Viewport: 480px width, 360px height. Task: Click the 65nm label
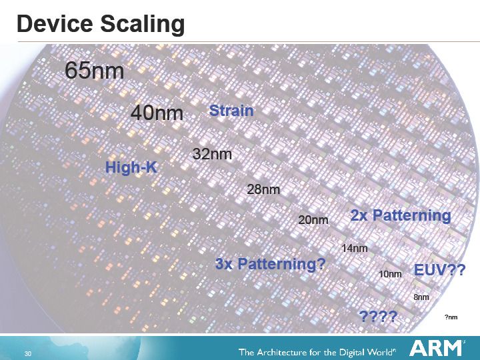click(94, 71)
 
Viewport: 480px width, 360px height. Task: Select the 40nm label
click(157, 113)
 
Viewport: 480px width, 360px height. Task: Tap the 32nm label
click(212, 154)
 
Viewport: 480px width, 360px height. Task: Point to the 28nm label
click(263, 189)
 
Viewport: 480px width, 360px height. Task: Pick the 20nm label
click(313, 220)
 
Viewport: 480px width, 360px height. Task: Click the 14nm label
click(355, 248)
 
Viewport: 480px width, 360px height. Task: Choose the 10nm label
click(390, 274)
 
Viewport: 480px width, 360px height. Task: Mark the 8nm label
click(421, 297)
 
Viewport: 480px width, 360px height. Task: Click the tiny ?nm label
click(451, 317)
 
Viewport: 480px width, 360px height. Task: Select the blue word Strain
click(231, 111)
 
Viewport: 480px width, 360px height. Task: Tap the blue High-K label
click(131, 167)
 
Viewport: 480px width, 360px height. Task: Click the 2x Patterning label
click(401, 215)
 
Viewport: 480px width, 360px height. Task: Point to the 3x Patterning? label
click(270, 264)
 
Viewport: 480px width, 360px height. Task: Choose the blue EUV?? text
click(439, 270)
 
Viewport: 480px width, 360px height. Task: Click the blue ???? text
click(379, 316)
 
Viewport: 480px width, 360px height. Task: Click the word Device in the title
click(55, 24)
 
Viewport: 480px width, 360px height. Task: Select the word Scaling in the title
click(143, 25)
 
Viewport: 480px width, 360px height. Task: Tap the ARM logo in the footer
click(435, 348)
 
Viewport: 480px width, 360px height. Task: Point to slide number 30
click(28, 353)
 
